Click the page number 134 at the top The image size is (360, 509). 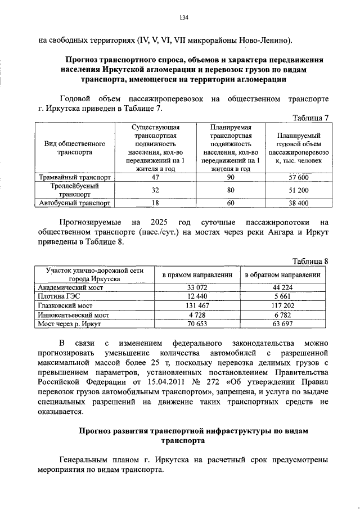tap(183, 17)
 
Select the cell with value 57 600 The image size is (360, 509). tap(296, 178)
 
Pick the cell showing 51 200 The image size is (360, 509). tap(296, 190)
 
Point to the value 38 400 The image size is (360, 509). tap(296, 203)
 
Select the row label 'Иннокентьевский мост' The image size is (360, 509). tap(73, 315)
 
